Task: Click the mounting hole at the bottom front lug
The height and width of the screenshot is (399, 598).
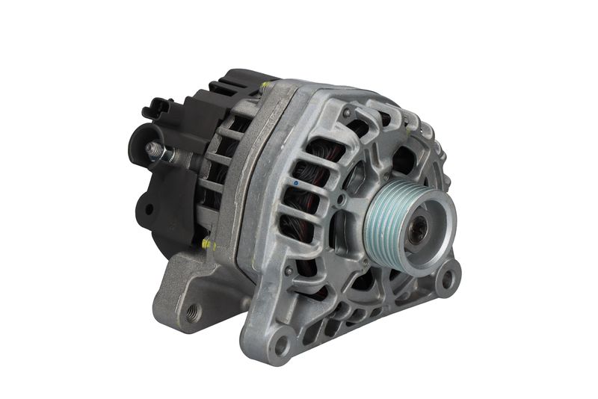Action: pyautogui.click(x=281, y=345)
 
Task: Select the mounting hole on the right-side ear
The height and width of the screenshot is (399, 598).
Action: pyautogui.click(x=447, y=281)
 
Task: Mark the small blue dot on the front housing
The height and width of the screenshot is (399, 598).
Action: pyautogui.click(x=296, y=183)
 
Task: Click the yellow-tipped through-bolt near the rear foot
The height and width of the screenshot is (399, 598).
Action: pyautogui.click(x=207, y=244)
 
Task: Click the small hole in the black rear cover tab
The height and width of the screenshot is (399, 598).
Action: pyautogui.click(x=148, y=208)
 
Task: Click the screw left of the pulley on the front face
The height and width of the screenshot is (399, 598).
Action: pyautogui.click(x=342, y=199)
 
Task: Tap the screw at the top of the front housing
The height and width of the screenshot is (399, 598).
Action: pyautogui.click(x=347, y=113)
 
